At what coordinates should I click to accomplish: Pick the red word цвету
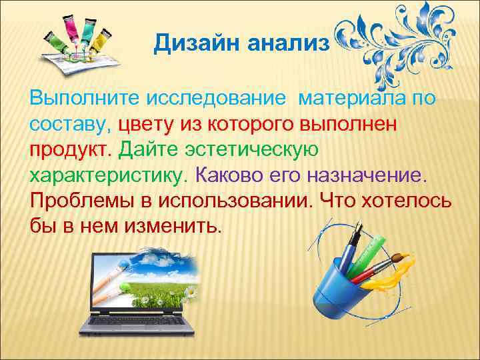click(x=148, y=125)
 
